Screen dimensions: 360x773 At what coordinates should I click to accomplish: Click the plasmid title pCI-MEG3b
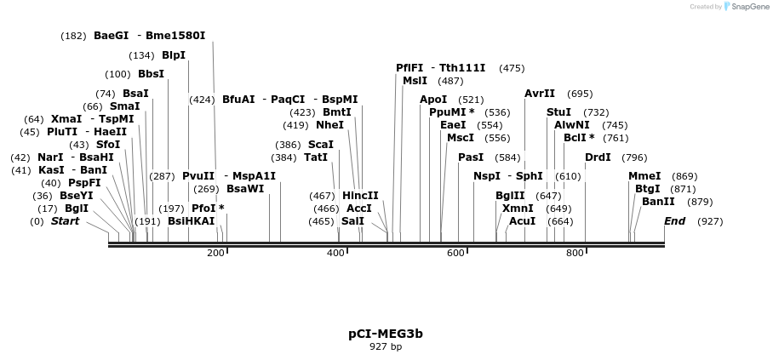point(386,334)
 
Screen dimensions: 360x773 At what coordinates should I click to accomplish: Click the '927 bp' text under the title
point(386,347)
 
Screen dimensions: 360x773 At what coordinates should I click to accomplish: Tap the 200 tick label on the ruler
point(215,253)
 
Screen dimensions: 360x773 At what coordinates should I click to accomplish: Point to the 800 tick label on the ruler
point(575,253)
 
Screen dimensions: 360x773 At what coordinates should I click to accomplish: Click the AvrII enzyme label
point(540,94)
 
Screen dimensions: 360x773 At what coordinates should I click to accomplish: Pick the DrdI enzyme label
point(598,157)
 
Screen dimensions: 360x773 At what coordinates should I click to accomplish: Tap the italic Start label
point(65,221)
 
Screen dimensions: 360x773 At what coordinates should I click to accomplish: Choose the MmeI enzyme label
point(644,176)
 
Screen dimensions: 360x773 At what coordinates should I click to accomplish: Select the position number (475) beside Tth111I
point(512,68)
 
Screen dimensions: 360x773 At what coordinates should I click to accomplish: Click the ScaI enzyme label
point(321,145)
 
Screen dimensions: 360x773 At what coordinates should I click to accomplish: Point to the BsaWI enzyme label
point(245,189)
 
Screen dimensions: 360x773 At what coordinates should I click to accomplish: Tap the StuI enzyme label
point(558,112)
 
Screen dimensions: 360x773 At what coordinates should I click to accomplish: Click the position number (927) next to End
point(710,221)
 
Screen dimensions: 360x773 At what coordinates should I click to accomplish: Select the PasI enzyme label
point(471,157)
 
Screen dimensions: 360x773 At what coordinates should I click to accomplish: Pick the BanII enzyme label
point(658,202)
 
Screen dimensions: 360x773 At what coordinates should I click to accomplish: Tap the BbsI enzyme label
point(151,74)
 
